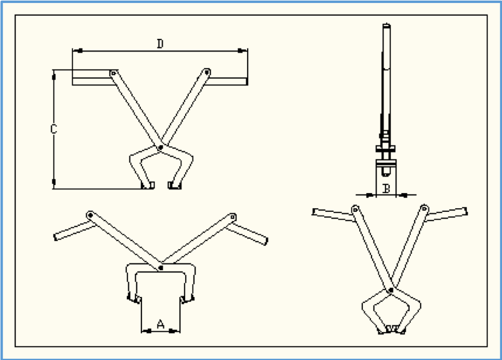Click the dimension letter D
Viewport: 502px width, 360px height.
coord(160,44)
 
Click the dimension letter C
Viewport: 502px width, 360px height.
coord(54,129)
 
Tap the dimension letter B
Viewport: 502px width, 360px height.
coord(387,189)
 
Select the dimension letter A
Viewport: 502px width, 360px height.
coord(161,324)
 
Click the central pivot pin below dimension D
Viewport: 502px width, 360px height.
coord(160,148)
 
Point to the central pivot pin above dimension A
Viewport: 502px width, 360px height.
coord(161,268)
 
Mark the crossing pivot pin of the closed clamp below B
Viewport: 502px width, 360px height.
coord(391,290)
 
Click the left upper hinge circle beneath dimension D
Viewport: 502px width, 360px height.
coord(113,73)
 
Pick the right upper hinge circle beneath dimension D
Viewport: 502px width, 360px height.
coord(207,72)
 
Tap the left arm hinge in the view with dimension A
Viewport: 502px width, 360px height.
coord(90,216)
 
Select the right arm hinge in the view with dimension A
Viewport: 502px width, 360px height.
coord(232,217)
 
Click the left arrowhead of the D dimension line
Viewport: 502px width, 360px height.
coord(78,50)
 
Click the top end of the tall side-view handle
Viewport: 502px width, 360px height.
coord(387,25)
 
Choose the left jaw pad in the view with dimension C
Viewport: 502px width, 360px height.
coord(148,185)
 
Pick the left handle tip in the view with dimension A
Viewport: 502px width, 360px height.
coord(55,237)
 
